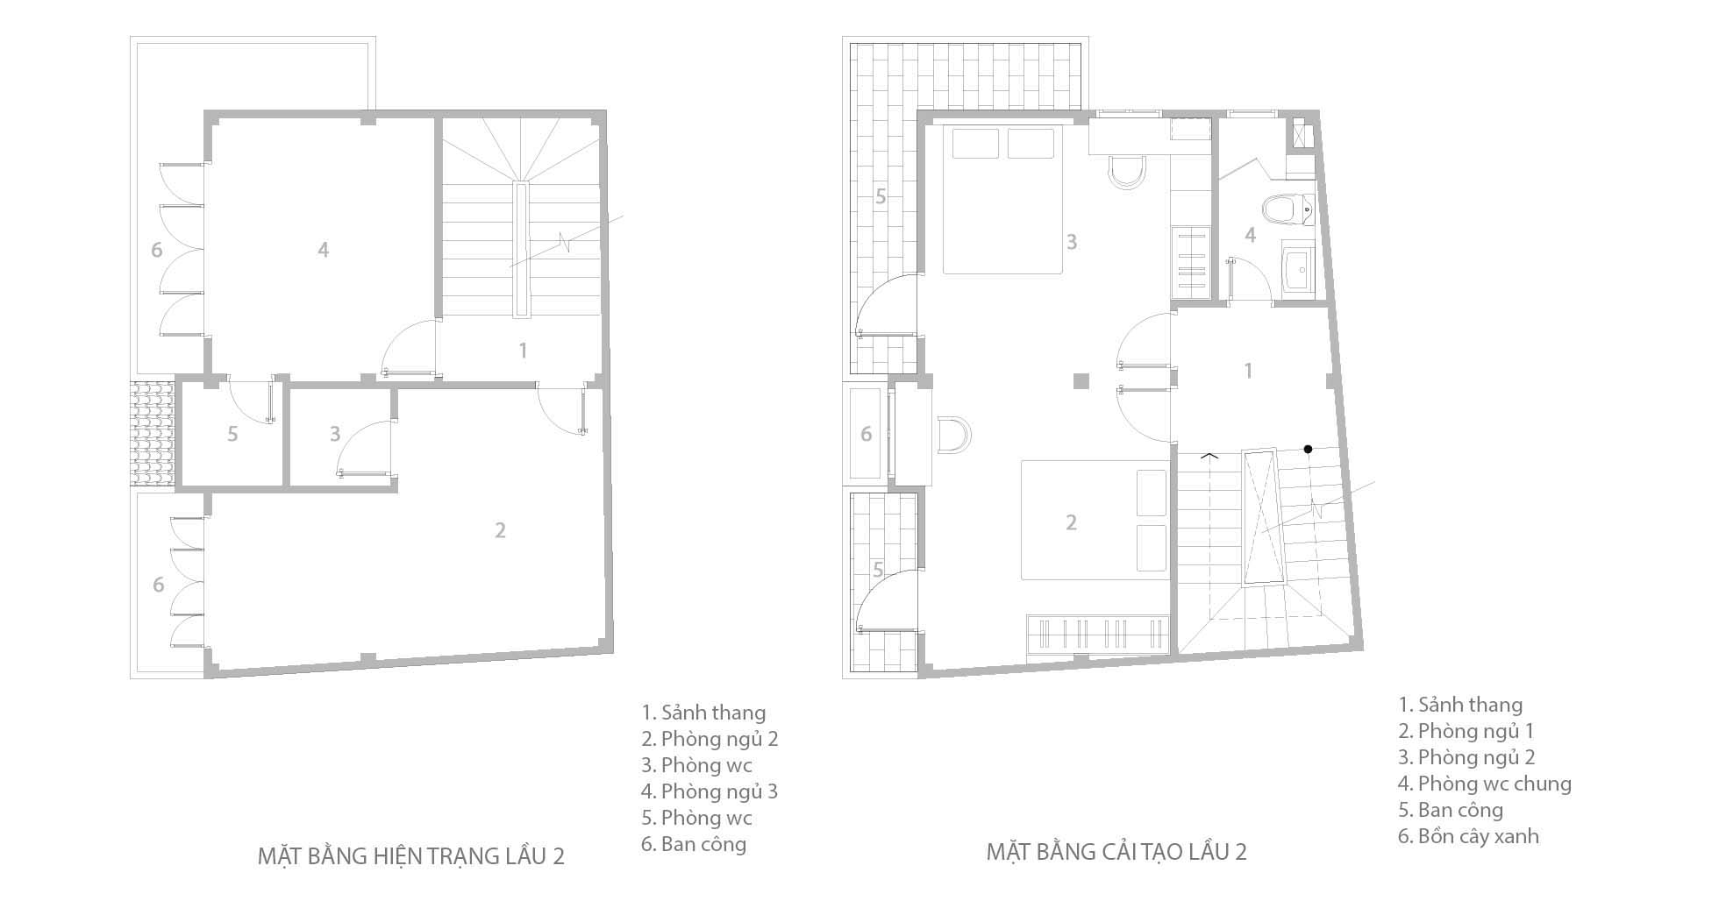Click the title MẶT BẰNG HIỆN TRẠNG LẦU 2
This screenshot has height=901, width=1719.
(410, 855)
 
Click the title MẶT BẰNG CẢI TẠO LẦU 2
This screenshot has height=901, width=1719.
(1116, 851)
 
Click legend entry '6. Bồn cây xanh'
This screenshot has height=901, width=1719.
(1468, 835)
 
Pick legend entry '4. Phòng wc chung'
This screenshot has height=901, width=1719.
(1484, 783)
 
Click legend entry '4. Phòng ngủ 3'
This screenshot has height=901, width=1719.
(710, 791)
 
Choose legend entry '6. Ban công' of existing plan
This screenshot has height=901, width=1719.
(694, 844)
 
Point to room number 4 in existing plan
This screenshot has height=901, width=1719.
(323, 250)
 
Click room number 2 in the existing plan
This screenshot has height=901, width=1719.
(500, 530)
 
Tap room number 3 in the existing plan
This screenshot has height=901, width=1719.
(335, 433)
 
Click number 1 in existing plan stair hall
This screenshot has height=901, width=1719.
(523, 351)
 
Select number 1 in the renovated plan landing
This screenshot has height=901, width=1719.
(1249, 370)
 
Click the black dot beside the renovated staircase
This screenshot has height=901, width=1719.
(1308, 449)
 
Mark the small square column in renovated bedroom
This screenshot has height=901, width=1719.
(1081, 380)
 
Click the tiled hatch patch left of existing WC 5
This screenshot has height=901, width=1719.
(154, 433)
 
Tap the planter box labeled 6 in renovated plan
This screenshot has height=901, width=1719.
(866, 434)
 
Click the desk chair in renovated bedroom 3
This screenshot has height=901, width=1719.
(1126, 173)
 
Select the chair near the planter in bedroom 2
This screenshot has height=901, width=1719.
(953, 435)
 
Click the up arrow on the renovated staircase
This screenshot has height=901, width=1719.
(1209, 455)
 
